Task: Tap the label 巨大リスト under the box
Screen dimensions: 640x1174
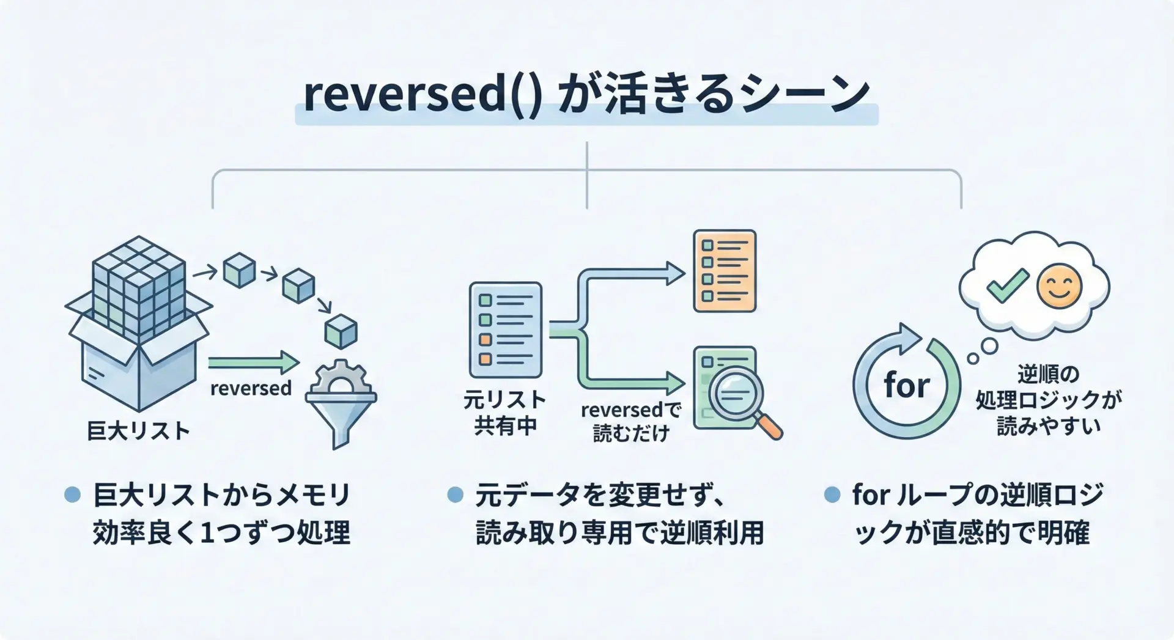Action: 138,431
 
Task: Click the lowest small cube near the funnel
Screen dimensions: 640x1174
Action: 341,332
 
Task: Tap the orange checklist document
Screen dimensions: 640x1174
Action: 724,271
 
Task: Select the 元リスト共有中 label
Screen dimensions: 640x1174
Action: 504,413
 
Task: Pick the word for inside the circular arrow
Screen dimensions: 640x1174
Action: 906,386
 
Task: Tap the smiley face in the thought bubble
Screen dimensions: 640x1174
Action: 1060,285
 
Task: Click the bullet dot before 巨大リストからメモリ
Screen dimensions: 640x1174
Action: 72,495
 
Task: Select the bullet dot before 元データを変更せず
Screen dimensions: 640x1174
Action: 455,495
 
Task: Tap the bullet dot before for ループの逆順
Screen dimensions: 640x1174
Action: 832,495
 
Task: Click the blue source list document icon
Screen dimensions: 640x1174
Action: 505,330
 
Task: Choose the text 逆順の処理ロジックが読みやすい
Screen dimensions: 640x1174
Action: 1048,400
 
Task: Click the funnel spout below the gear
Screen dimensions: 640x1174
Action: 341,434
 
